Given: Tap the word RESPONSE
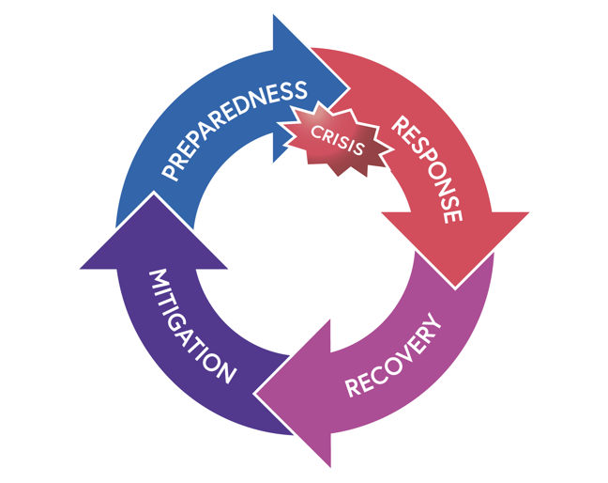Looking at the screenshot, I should [x=426, y=169].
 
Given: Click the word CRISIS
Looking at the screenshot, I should [x=338, y=140].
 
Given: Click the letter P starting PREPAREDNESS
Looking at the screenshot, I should [x=170, y=173].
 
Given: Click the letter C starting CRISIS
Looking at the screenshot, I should [x=318, y=132].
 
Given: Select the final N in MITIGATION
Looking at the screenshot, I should [x=225, y=372].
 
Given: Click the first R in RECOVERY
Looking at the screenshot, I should [x=353, y=388].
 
